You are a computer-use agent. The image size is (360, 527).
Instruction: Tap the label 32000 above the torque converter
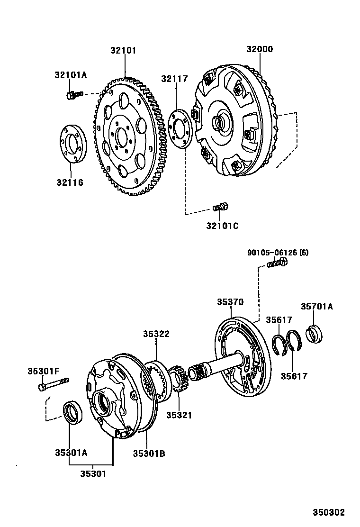point(260,50)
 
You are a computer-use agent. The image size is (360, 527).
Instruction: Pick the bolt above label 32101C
point(221,207)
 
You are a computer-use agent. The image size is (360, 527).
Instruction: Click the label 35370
point(230,302)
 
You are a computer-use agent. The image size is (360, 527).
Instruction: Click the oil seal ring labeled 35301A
point(73,410)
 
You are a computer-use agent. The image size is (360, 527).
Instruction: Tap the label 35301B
point(149,453)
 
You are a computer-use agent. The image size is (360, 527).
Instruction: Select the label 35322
point(156,334)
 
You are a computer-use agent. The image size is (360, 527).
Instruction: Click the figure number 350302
point(328,512)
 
